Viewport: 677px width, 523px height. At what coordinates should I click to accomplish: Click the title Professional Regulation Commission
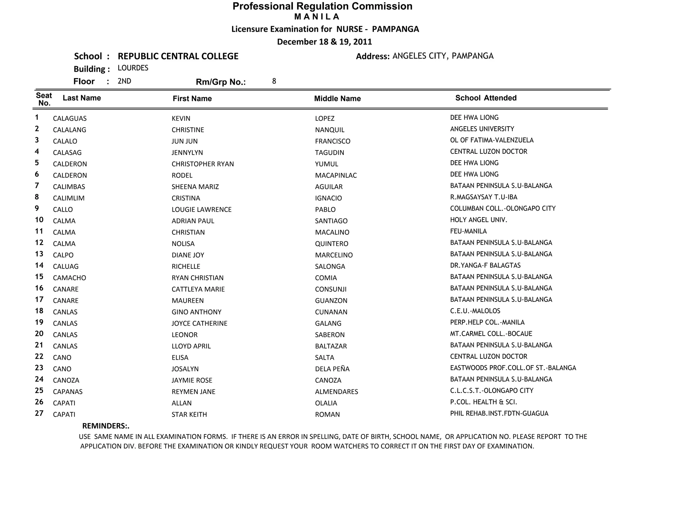322,6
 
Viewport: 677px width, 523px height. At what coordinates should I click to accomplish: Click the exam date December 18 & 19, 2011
324,42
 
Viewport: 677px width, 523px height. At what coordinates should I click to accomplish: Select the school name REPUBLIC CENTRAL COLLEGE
178,56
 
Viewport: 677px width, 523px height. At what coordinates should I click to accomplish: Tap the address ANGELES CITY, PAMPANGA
443,56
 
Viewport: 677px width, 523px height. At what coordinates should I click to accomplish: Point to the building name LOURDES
133,68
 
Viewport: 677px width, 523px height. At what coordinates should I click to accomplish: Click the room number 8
274,81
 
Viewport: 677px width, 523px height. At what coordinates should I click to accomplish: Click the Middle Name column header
337,99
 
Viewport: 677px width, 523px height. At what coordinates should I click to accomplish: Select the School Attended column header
486,98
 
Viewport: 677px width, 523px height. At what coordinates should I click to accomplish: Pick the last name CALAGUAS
70,118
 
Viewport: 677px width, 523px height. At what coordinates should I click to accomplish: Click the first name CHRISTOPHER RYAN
203,164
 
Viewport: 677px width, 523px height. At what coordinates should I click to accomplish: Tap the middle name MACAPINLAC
336,176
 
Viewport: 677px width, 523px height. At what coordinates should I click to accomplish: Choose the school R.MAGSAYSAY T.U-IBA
484,197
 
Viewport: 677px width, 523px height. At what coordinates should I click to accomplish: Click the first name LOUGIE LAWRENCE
201,210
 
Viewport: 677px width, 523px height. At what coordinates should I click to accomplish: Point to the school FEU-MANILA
468,231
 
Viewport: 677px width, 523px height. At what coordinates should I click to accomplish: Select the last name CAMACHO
69,278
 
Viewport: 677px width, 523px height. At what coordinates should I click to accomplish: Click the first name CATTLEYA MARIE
198,289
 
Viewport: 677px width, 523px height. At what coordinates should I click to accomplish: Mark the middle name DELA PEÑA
332,369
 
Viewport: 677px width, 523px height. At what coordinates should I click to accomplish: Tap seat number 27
39,413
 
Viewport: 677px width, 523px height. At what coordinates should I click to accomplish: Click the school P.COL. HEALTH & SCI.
483,402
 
